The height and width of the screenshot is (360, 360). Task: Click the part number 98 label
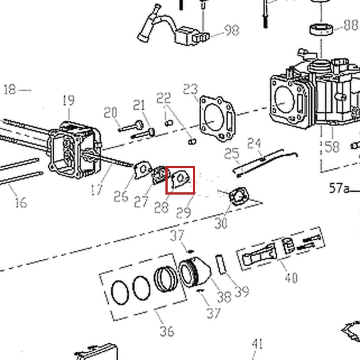point(232,30)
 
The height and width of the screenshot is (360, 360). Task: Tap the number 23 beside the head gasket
point(190,89)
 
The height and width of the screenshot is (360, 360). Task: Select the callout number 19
point(68,100)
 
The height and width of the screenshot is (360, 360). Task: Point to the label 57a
point(339,188)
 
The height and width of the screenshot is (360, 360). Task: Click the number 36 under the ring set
point(167,331)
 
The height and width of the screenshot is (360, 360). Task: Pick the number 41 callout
point(257,344)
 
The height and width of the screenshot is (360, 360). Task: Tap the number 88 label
point(351,25)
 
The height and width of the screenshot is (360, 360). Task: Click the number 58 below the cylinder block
point(332,147)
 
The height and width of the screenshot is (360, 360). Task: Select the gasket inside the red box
point(181,179)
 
